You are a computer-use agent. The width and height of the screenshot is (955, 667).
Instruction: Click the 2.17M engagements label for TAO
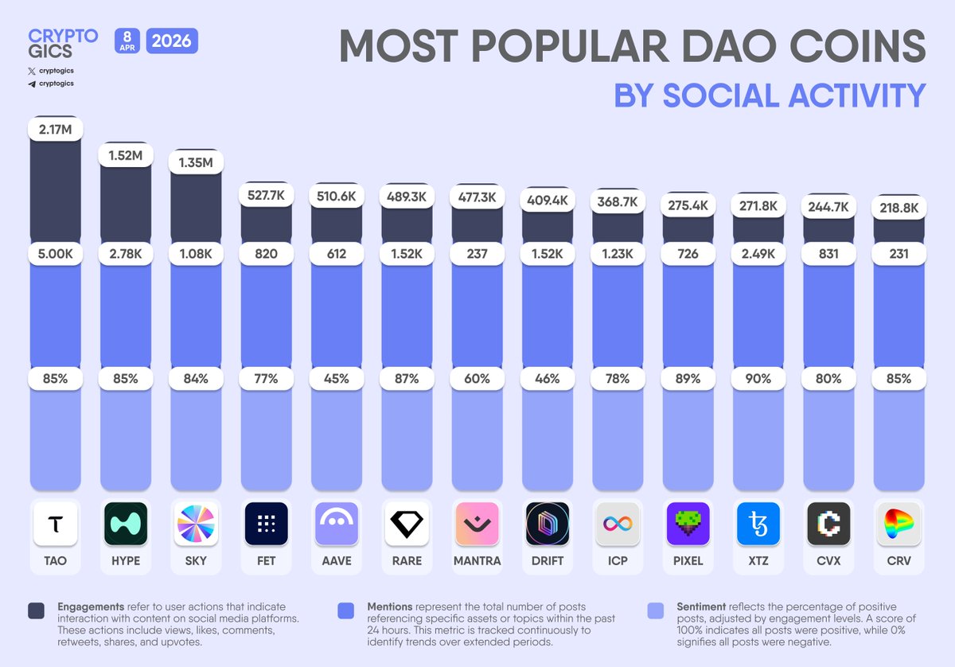point(56,128)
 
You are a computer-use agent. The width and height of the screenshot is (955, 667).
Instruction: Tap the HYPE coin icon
point(126,524)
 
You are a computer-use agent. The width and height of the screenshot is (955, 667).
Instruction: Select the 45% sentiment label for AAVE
point(337,379)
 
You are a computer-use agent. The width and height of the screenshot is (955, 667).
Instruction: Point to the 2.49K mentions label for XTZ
point(758,255)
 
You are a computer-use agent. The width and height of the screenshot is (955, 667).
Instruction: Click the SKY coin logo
point(196,524)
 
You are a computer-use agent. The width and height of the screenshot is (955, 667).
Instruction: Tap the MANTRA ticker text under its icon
point(477,560)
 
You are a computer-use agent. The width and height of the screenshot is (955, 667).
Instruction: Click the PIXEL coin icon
point(688,524)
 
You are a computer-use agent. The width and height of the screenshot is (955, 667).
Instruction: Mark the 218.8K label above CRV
point(899,207)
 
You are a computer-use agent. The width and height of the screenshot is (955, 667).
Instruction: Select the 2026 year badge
point(172,41)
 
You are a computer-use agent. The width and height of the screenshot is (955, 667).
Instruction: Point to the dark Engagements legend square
point(36,611)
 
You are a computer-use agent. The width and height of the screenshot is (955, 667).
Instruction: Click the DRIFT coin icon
point(548,524)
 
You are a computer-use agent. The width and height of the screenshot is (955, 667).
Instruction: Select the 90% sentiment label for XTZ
point(758,379)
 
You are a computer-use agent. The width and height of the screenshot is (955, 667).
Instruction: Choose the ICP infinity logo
point(618,524)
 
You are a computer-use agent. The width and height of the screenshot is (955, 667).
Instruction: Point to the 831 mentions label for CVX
point(828,255)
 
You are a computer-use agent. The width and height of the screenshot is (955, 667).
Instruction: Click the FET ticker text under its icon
point(267,560)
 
